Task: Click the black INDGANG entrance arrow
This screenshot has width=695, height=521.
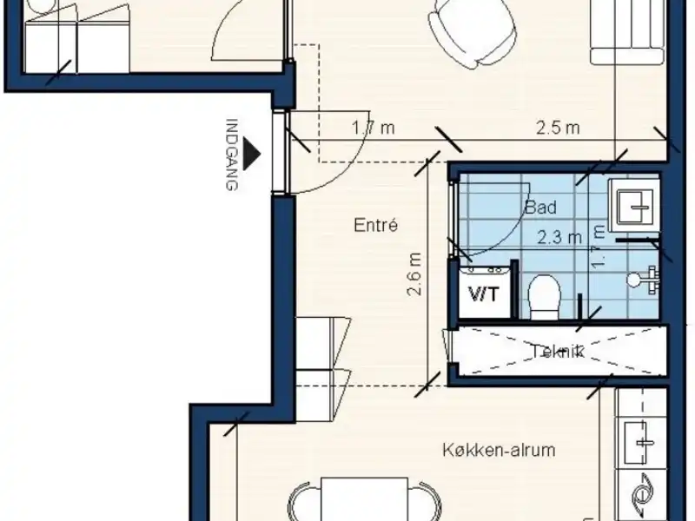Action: (253, 154)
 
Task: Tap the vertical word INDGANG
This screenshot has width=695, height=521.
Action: (232, 155)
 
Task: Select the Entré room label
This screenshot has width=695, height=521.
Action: (376, 225)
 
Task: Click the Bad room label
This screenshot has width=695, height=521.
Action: (540, 207)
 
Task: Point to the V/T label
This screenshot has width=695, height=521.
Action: (484, 294)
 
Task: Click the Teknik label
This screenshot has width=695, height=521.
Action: (558, 352)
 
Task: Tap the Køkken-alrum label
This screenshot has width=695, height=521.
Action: (499, 450)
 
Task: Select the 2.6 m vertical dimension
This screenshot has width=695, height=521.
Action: (414, 274)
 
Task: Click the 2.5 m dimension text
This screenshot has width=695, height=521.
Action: (558, 128)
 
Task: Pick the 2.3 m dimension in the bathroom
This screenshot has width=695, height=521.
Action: (559, 237)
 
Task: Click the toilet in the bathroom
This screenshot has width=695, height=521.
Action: (545, 296)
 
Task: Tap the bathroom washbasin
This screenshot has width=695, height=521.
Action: (634, 206)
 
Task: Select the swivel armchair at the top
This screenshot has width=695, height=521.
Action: (472, 32)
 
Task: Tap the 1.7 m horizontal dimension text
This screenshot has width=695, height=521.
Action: (374, 128)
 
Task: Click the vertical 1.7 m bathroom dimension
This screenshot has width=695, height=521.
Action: (598, 247)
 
